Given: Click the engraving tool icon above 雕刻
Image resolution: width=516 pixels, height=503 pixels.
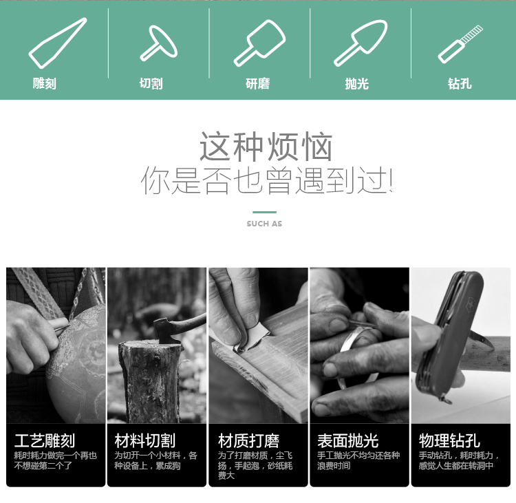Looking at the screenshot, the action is point(58,43).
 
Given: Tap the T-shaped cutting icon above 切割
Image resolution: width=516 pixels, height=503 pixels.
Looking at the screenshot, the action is point(159,43).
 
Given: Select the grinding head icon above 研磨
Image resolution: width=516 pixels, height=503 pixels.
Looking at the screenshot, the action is point(259,43).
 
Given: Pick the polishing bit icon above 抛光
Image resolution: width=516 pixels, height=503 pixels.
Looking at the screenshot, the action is point(361,43).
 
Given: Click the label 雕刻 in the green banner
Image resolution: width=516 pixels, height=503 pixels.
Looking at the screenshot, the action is point(45,84).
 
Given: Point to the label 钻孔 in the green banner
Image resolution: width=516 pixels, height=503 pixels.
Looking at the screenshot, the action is point(460,84).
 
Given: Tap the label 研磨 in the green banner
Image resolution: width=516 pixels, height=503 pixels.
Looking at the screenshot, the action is point(258,84).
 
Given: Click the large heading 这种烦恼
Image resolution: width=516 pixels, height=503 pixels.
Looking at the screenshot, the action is point(266,147).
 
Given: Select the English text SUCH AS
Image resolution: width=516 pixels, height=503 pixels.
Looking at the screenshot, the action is point(264,224).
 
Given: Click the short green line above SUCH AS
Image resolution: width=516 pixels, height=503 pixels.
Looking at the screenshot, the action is point(264,212).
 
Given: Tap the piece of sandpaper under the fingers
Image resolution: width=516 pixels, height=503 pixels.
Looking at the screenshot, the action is point(251,339).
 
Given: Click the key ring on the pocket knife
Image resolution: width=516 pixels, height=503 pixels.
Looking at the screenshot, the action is point(447,399).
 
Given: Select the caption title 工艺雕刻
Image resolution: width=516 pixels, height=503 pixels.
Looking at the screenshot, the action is point(45,441).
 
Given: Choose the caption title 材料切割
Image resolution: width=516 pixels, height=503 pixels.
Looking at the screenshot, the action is point(144,441).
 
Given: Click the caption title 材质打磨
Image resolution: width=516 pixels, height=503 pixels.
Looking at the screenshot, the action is point(249,441).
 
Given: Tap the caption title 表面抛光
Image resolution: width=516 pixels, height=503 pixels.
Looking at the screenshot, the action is point(348,441).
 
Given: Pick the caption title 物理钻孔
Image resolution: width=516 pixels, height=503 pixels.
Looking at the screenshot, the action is point(449,441).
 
